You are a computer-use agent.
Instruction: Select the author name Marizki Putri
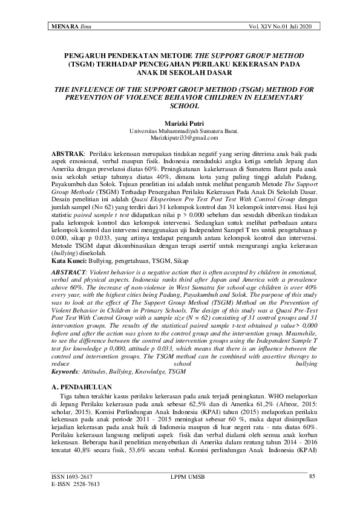[x=180, y=123]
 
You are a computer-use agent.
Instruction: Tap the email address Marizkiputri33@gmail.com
[x=180, y=138]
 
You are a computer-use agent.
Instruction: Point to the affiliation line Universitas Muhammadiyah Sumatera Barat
[x=180, y=131]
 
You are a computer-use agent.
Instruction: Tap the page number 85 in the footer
[x=312, y=477]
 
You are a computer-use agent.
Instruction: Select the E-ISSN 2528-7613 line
[x=71, y=484]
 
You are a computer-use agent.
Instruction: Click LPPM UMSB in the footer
[x=189, y=477]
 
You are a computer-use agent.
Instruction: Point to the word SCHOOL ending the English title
[x=180, y=105]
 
